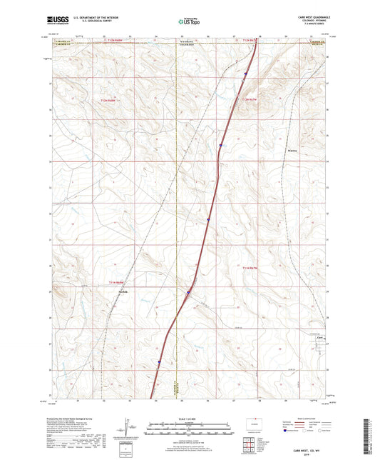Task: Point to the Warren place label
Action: point(291,151)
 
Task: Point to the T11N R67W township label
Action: point(247,267)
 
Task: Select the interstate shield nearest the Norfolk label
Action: point(189,292)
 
